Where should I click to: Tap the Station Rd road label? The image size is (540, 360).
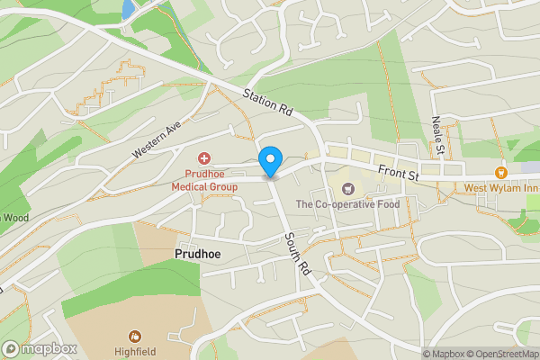[x=269, y=103]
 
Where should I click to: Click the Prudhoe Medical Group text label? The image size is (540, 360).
[x=204, y=180]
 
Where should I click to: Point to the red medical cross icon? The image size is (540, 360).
[x=204, y=157]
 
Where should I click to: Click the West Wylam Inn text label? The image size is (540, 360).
[x=499, y=188]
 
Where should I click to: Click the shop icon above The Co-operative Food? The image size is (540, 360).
[x=347, y=188]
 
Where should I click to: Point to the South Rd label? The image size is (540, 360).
[x=294, y=251]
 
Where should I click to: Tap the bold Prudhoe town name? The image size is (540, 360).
[x=197, y=255]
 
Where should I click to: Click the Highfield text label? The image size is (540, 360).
[x=136, y=351]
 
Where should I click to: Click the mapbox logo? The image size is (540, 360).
[x=39, y=348]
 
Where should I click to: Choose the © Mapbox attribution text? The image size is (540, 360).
[x=444, y=354]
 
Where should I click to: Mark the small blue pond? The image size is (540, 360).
[x=128, y=9]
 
